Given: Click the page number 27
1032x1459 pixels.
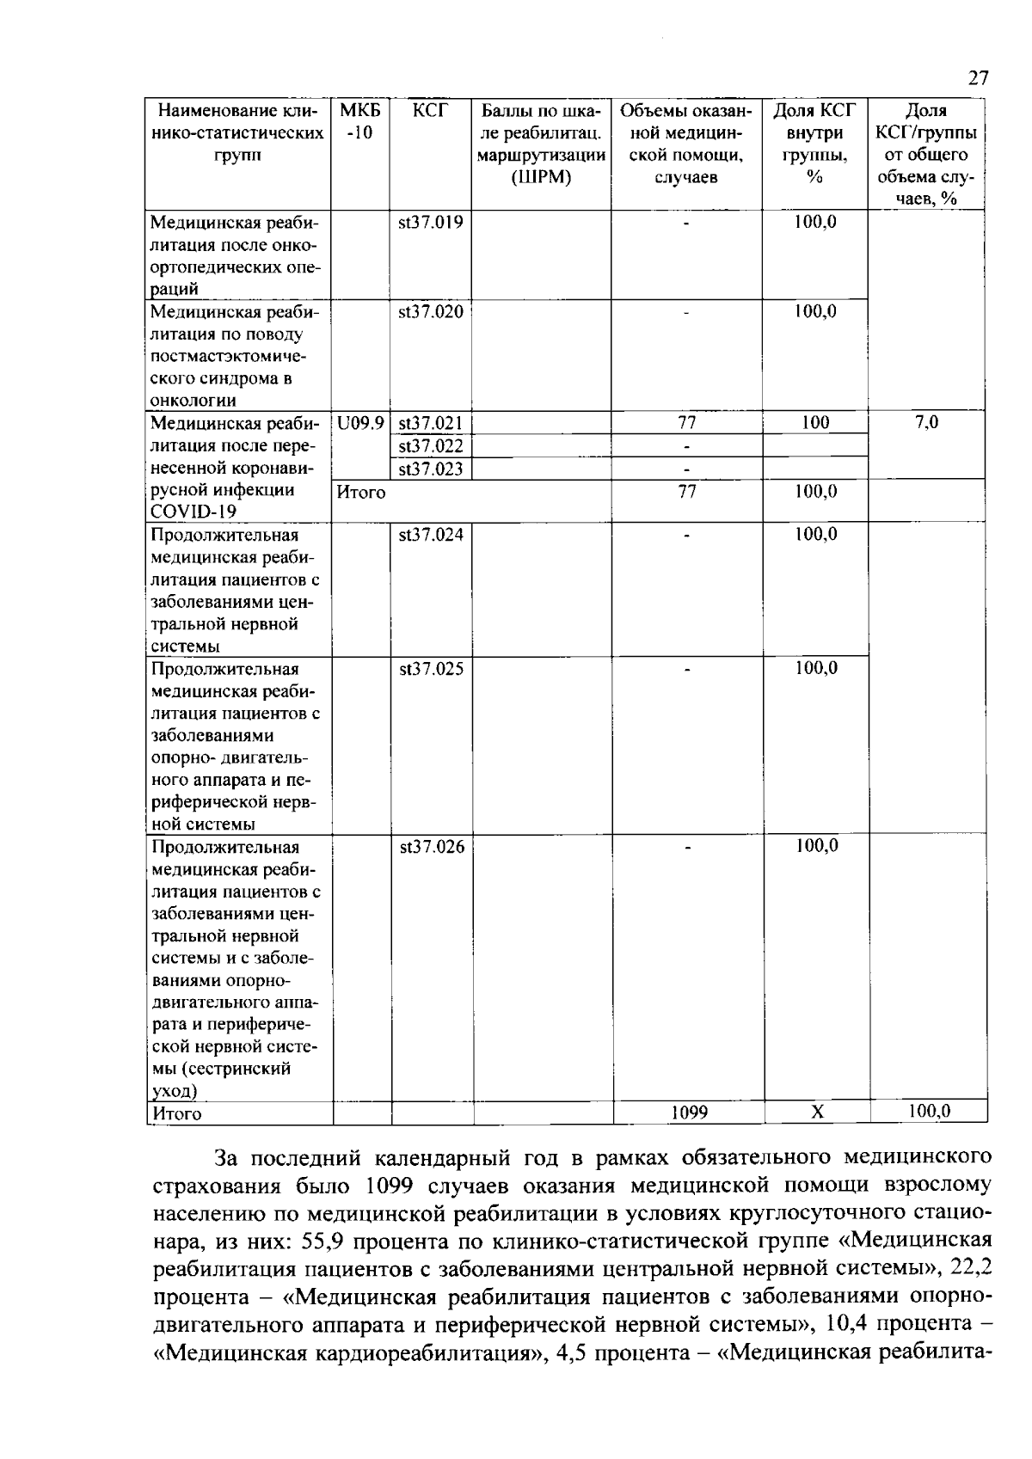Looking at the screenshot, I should [x=978, y=79].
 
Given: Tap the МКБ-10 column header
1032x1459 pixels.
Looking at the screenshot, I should [x=360, y=122].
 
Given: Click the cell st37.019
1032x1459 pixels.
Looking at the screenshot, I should [x=431, y=223].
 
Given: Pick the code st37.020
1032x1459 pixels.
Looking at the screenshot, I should [x=431, y=311].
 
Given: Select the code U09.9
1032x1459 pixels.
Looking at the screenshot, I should [x=360, y=423].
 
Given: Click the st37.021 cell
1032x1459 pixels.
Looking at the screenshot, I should [x=431, y=423].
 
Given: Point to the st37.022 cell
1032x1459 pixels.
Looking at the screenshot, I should [x=431, y=445].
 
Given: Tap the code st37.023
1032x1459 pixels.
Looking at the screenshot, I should [x=431, y=469].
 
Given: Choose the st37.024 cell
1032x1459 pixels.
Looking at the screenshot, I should [x=431, y=535].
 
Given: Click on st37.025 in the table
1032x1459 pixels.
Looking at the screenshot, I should [x=431, y=669].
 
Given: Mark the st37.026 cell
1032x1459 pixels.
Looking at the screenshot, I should [x=431, y=847].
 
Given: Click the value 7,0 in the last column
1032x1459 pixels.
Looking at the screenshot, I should [x=926, y=422].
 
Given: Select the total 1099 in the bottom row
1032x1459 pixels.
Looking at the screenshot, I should [x=689, y=1113].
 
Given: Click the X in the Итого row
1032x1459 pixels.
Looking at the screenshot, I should [x=817, y=1113].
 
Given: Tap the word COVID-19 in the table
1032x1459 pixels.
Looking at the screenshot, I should [x=194, y=512].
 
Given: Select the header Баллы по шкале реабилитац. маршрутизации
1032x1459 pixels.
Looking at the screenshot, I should [x=542, y=144].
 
